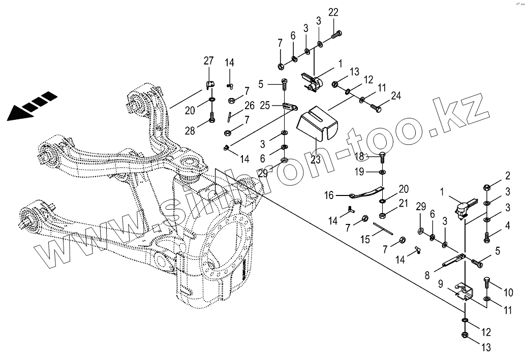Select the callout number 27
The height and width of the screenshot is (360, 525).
208,61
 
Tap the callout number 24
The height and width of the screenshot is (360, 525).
396,95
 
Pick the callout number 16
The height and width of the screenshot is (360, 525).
329,194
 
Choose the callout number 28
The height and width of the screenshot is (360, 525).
190,132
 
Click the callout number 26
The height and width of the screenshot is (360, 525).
249,106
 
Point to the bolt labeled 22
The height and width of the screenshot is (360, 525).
336,36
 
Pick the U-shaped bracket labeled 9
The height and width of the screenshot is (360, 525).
462,293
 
